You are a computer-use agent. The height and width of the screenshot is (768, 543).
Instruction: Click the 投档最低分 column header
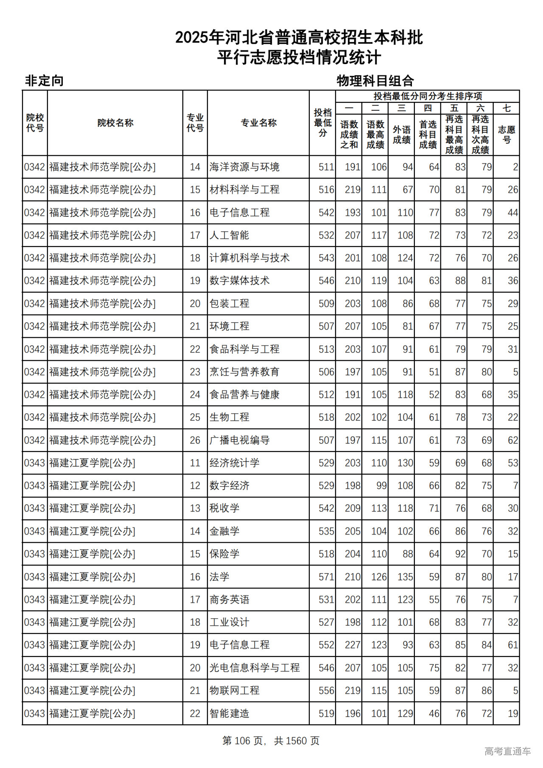pyautogui.click(x=322, y=123)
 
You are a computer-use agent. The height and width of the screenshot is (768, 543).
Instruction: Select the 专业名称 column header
pyautogui.click(x=258, y=123)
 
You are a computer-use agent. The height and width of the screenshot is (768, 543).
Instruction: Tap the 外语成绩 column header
pyautogui.click(x=401, y=135)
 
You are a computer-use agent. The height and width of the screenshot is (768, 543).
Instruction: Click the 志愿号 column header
pyautogui.click(x=507, y=135)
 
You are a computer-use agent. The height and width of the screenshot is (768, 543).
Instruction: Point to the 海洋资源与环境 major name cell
pyautogui.click(x=244, y=167)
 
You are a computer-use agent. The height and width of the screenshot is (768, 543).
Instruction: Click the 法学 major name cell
pyautogui.click(x=219, y=577)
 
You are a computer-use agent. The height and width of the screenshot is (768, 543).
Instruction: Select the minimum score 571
pyautogui.click(x=326, y=577)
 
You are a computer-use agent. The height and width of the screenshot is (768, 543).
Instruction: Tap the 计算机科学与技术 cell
pyautogui.click(x=249, y=258)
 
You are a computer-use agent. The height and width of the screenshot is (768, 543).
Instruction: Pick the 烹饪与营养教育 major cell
pyautogui.click(x=244, y=372)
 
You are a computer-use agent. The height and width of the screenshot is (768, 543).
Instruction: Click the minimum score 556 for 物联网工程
pyautogui.click(x=326, y=690)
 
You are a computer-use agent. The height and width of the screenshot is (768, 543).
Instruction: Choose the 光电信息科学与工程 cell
pyautogui.click(x=255, y=667)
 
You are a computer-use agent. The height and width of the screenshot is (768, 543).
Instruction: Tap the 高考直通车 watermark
pyautogui.click(x=507, y=751)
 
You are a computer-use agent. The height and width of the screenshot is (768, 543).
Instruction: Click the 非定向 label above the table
pyautogui.click(x=44, y=81)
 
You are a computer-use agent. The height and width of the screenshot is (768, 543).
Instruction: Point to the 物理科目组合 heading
pyautogui.click(x=375, y=81)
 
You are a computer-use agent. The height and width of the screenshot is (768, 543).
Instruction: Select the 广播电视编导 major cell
pyautogui.click(x=239, y=440)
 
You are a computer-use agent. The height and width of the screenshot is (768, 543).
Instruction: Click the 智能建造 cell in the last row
pyautogui.click(x=230, y=713)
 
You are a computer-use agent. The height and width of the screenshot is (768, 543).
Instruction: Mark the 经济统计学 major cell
pyautogui.click(x=234, y=463)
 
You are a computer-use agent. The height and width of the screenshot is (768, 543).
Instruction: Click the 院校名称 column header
pyautogui.click(x=115, y=123)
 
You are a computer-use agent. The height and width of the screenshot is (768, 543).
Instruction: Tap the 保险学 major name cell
pyautogui.click(x=224, y=554)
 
